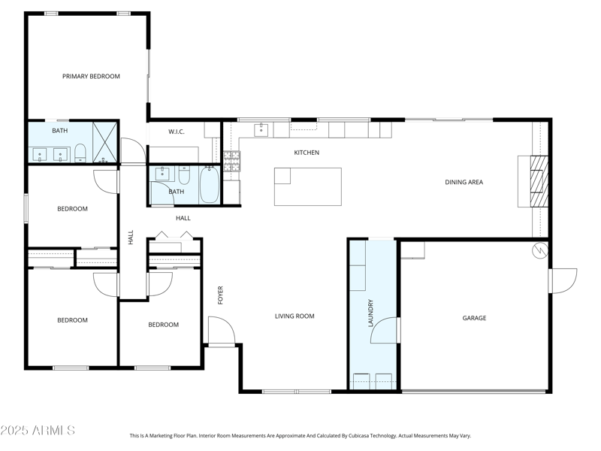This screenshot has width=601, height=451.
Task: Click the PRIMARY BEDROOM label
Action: (x=91, y=77)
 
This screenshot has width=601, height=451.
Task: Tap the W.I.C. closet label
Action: (x=177, y=132)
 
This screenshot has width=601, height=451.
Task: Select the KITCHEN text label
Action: (x=307, y=153)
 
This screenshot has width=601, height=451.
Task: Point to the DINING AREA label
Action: (x=464, y=182)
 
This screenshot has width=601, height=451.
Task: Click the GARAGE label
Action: (x=474, y=318)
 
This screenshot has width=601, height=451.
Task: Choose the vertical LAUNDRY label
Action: (x=370, y=313)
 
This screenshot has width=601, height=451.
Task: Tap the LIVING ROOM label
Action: (x=294, y=316)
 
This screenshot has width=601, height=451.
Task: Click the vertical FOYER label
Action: (x=220, y=295)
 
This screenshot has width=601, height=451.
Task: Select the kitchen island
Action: (x=308, y=186)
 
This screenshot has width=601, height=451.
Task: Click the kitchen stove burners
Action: (x=232, y=161)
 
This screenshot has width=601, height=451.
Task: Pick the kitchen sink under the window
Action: (x=261, y=130)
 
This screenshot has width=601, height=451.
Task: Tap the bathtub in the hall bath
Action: (x=210, y=184)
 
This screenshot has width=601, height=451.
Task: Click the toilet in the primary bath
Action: (x=80, y=153)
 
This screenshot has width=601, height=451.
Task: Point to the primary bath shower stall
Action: (x=104, y=142)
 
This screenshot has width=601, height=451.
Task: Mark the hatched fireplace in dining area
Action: (x=539, y=181)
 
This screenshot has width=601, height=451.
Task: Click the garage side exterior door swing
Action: (x=563, y=280)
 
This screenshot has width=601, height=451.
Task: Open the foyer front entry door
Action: (x=221, y=331)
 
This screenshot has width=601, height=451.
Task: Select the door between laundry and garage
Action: (x=385, y=330)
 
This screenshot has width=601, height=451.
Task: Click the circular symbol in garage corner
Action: (x=539, y=250)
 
